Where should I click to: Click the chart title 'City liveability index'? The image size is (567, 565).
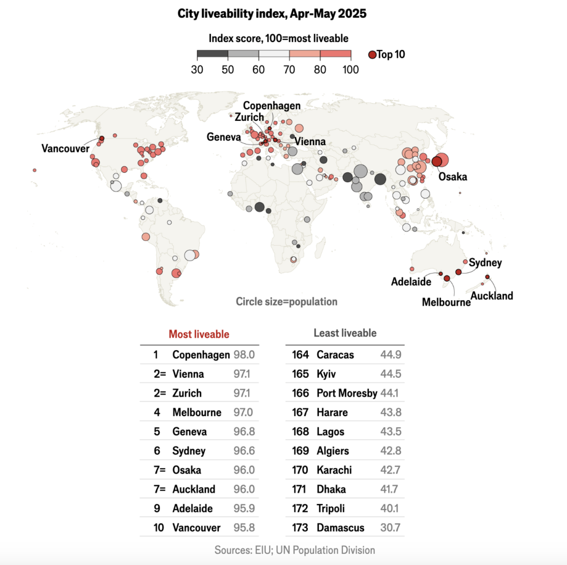click(272, 14)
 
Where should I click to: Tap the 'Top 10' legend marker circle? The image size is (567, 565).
click(372, 54)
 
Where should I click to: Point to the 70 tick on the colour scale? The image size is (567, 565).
click(290, 69)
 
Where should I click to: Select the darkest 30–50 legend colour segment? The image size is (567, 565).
click(213, 54)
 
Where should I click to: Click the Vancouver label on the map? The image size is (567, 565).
click(65, 148)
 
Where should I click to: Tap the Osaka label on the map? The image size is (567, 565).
click(452, 177)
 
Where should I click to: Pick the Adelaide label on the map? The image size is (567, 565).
click(411, 281)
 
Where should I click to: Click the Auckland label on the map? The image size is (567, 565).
click(492, 296)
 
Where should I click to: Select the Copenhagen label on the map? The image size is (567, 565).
click(272, 106)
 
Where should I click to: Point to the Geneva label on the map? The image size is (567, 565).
click(223, 137)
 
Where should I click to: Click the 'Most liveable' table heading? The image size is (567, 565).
click(199, 334)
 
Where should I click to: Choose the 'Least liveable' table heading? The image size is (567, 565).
click(345, 333)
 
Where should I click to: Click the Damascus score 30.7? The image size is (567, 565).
click(392, 527)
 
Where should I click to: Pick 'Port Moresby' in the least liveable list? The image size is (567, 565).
click(347, 393)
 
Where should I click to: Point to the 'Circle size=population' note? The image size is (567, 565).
click(286, 302)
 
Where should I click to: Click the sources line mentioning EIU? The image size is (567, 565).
click(295, 550)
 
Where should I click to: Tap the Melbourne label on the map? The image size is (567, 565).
click(446, 302)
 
